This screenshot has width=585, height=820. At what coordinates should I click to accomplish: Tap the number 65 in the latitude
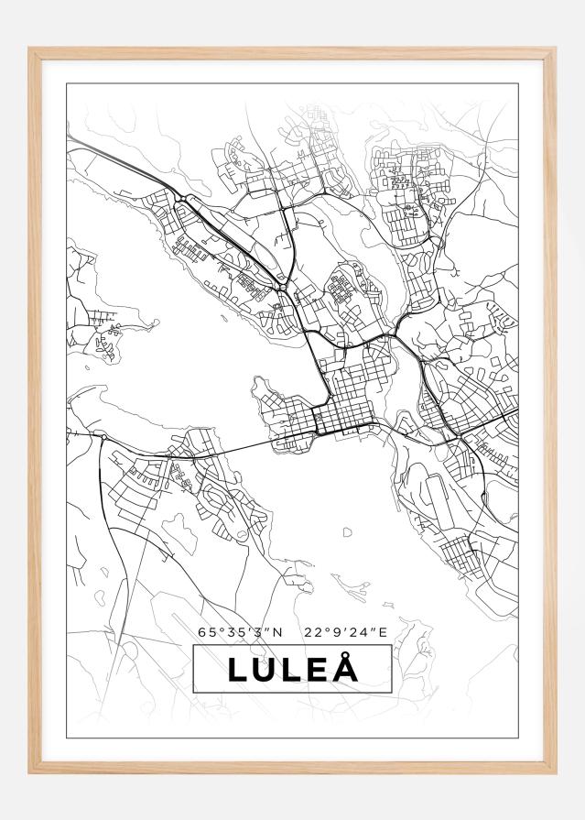pos(206,631)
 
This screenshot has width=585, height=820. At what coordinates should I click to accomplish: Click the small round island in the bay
pos(348,531)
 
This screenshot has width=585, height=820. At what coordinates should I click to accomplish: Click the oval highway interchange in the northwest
pos(186,199)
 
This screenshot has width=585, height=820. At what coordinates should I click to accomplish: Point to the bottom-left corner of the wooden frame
pos(31,771)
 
